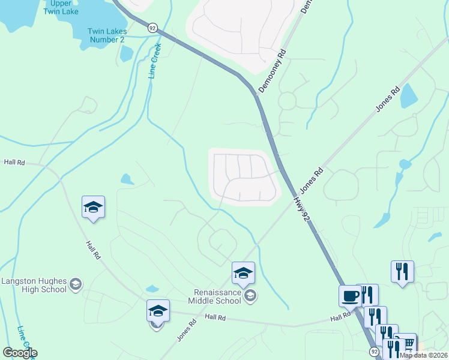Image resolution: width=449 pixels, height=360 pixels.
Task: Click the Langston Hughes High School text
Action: (33, 285)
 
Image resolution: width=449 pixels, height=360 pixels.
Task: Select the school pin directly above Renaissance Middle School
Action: (243, 273)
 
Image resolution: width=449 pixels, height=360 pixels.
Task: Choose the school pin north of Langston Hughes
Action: (93, 208)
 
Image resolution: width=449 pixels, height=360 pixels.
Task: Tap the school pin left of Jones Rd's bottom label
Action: (157, 311)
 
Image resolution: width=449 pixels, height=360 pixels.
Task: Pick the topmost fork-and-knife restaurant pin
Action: (402, 271)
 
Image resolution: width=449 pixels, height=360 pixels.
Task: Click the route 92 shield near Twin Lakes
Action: (152, 28)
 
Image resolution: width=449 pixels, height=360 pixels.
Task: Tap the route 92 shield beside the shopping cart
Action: (374, 350)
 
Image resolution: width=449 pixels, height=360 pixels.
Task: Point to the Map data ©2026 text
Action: (424, 355)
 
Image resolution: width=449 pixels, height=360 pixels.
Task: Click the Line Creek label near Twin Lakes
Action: (155, 61)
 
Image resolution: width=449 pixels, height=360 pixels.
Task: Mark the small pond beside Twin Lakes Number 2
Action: (126, 54)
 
